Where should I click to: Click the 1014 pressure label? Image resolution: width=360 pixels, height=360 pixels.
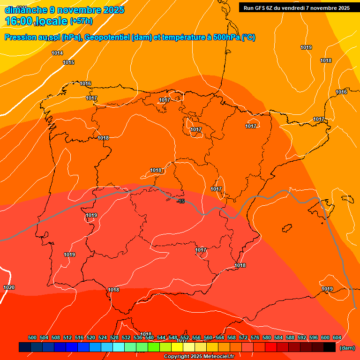point(57,53)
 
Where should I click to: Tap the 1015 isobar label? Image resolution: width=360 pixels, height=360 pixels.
point(68,62)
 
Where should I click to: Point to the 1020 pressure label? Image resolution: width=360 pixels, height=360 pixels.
point(9,287)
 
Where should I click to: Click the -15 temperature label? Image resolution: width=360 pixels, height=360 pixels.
point(181,201)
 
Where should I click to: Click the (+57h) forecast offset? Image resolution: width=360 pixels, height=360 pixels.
point(81,21)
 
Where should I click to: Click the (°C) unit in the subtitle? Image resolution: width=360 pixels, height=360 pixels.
point(248,37)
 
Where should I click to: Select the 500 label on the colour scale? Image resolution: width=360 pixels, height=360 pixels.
point(32,337)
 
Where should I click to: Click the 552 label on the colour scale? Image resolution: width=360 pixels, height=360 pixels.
point(185,337)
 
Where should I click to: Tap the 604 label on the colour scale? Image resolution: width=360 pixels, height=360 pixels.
point(337,337)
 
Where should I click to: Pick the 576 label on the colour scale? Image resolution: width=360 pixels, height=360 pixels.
point(255,337)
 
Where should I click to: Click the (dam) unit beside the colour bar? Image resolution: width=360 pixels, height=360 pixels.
point(347,347)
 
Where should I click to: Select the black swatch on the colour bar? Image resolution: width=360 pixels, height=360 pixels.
point(330,347)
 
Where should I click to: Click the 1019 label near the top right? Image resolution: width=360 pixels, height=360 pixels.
point(306,47)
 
